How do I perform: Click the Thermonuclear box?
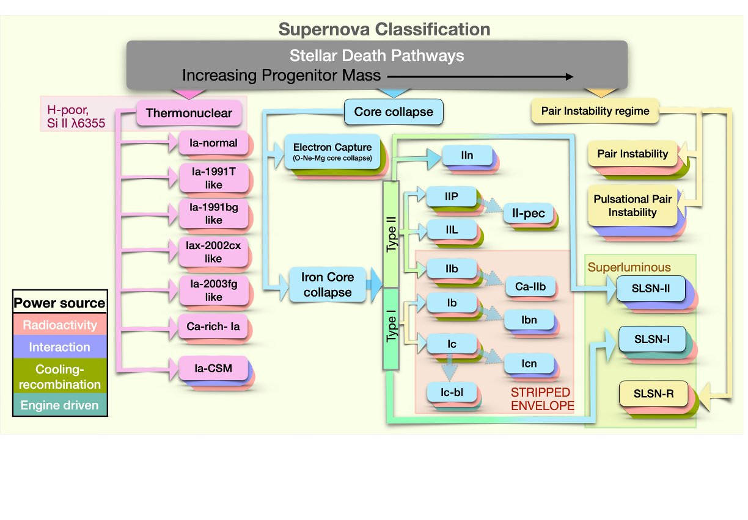(189, 114)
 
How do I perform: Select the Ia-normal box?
(213, 143)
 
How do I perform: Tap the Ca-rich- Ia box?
(213, 327)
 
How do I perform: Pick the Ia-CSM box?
(213, 368)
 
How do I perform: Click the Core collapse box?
(394, 112)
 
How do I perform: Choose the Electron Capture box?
(332, 152)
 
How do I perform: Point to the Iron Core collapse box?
(327, 284)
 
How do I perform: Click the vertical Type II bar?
(391, 234)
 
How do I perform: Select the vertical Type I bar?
(391, 329)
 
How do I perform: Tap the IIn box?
(467, 156)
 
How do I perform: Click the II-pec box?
(529, 214)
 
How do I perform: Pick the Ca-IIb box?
(530, 286)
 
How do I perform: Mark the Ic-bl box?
(452, 392)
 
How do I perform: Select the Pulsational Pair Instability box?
(632, 206)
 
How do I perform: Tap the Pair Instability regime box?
(595, 111)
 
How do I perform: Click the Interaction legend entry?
(60, 347)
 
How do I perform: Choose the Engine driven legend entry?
(60, 405)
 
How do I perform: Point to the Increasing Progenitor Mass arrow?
(480, 76)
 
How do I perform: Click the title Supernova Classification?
(384, 29)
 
